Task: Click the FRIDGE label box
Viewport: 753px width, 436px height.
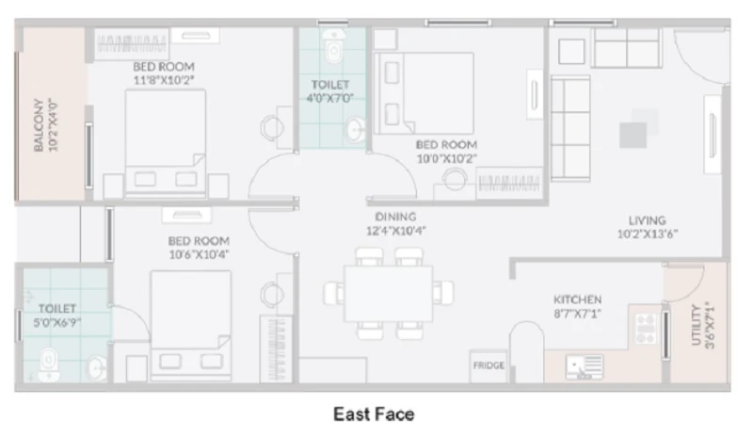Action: [489, 365]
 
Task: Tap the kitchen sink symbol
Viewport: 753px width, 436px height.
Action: [585, 367]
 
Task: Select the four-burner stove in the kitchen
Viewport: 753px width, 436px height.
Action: [646, 329]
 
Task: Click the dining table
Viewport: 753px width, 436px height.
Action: [388, 293]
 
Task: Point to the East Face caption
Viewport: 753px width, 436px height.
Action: [374, 414]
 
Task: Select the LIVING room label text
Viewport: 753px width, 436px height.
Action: [648, 220]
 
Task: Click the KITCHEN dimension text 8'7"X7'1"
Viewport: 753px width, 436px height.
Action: [577, 314]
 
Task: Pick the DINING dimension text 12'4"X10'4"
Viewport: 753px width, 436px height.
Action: [395, 231]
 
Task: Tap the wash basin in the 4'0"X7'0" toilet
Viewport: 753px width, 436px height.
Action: [356, 130]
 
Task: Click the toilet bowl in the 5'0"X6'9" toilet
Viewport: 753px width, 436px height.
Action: [49, 365]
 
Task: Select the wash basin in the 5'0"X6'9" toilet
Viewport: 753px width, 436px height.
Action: [97, 369]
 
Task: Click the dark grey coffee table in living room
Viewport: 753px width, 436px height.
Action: [633, 135]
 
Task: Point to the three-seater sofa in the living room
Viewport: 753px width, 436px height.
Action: [570, 128]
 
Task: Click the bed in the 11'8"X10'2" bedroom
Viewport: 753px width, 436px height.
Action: [166, 143]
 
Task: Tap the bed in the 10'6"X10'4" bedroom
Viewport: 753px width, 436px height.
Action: [191, 326]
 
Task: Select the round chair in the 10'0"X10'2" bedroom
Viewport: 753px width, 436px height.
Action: [455, 179]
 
